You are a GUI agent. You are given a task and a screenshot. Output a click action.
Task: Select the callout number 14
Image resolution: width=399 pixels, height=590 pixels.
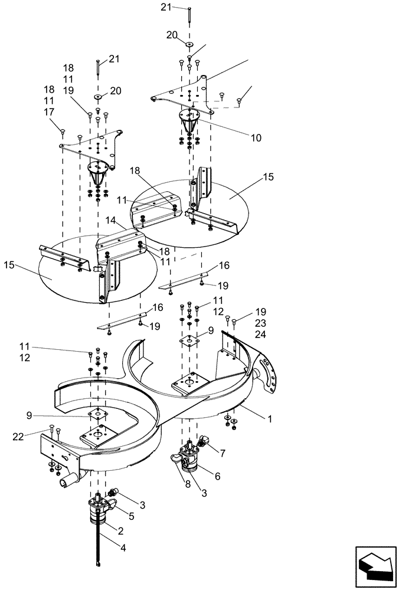(110, 220)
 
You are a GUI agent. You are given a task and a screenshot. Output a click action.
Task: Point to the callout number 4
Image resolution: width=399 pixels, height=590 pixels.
(123, 548)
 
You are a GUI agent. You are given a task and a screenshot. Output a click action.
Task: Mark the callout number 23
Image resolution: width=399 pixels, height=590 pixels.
(261, 323)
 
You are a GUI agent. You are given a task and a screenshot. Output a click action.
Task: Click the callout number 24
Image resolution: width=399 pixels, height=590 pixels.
(261, 335)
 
